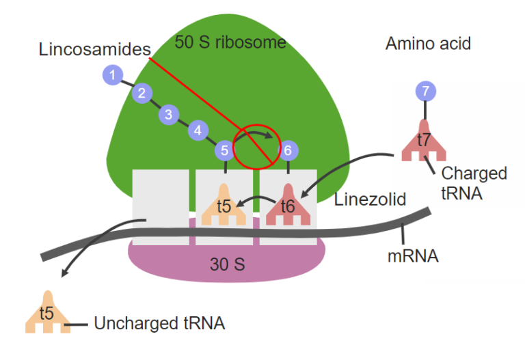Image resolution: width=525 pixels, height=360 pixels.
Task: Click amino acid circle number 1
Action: pos(113,74)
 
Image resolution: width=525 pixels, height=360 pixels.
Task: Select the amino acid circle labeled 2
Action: pos(142,94)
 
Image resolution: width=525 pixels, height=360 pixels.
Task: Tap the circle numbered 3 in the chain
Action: pos(169,114)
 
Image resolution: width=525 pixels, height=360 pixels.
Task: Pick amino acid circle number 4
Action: pos(198,130)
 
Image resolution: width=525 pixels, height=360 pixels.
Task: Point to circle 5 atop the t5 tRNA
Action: pos(224,150)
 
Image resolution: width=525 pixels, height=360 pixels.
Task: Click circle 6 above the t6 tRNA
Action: pos(288,150)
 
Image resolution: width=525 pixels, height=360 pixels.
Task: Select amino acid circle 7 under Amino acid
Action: pos(426,90)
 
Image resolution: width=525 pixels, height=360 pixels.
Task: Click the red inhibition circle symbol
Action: pos(257,146)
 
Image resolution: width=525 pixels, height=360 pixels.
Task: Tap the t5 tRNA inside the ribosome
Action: pos(224,206)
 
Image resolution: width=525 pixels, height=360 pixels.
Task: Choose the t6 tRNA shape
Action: pos(288,206)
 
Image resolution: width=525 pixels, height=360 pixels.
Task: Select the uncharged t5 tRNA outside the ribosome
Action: pos(47,315)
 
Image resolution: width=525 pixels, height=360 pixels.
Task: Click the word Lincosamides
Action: pos(94,50)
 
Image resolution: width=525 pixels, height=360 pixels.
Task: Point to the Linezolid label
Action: pos(370,199)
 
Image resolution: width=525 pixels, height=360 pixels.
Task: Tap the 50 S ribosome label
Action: pos(230,43)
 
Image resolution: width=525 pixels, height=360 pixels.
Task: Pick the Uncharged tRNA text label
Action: pos(159,323)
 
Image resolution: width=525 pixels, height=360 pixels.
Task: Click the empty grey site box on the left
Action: pos(160,202)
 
